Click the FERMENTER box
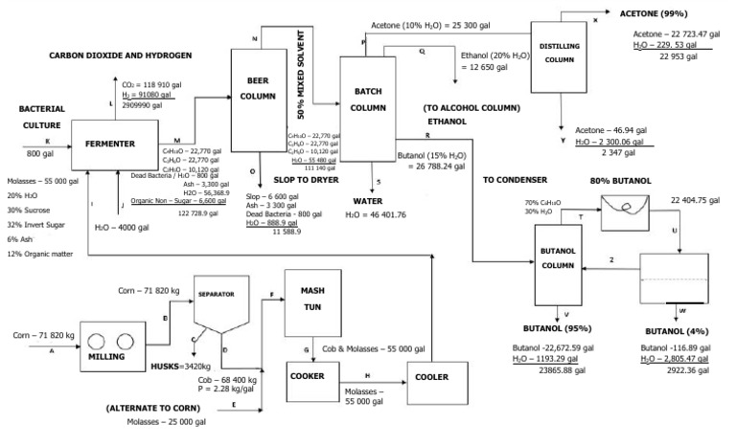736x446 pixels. pyautogui.click(x=109, y=144)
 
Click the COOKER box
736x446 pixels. pyautogui.click(x=312, y=375)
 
